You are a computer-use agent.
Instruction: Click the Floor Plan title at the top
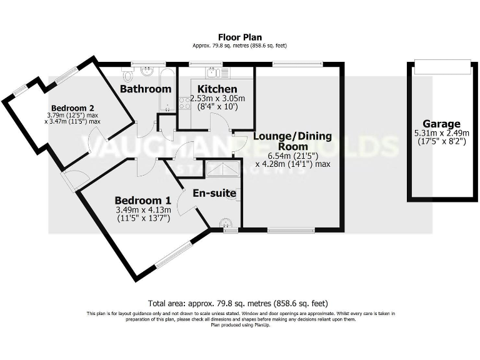pyautogui.click(x=239, y=37)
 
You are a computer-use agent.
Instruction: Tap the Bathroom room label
pyautogui.click(x=146, y=89)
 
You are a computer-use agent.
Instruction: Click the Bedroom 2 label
pyautogui.click(x=72, y=107)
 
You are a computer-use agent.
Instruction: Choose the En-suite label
pyautogui.click(x=214, y=193)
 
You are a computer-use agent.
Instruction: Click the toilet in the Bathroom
pyautogui.click(x=128, y=75)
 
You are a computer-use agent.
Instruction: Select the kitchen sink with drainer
pyautogui.click(x=216, y=71)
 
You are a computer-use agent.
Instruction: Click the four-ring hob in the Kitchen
pyautogui.click(x=185, y=102)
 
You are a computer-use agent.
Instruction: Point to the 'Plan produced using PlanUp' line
pyautogui.click(x=240, y=325)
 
